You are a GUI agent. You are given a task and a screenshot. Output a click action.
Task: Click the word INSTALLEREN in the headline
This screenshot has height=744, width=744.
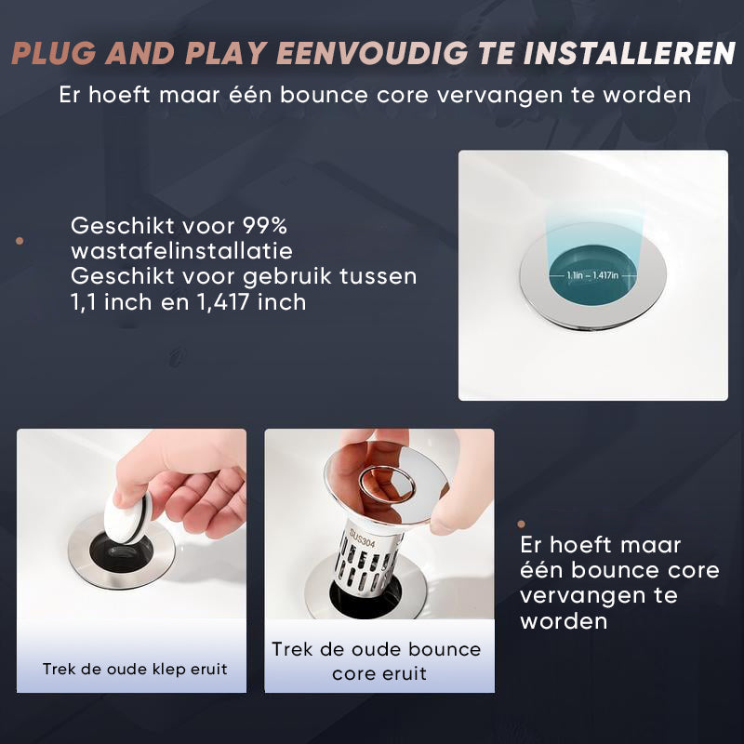pyautogui.click(x=630, y=53)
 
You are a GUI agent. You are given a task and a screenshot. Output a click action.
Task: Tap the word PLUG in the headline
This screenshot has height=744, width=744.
pyautogui.click(x=53, y=53)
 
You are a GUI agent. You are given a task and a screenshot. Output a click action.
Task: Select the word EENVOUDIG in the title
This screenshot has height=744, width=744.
pyautogui.click(x=372, y=53)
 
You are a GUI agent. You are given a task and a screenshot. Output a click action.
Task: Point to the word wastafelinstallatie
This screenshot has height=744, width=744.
pyautogui.click(x=181, y=251)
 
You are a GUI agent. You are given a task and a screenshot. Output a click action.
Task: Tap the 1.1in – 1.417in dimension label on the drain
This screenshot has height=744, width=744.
pyautogui.click(x=592, y=275)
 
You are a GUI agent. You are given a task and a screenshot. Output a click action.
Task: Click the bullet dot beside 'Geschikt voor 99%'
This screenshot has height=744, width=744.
pyautogui.click(x=20, y=241)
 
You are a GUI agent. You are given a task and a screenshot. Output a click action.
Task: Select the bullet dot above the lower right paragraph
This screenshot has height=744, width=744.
pyautogui.click(x=522, y=524)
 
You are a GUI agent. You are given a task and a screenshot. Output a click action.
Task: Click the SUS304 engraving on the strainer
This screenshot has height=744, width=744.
pyautogui.click(x=362, y=538)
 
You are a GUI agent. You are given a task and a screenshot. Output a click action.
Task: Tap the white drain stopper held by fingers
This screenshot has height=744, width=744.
pyautogui.click(x=127, y=518)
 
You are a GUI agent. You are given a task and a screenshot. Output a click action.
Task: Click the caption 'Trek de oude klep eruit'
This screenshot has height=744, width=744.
pyautogui.click(x=135, y=669)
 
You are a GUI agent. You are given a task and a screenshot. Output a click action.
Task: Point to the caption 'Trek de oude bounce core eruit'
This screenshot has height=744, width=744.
pyautogui.click(x=378, y=661)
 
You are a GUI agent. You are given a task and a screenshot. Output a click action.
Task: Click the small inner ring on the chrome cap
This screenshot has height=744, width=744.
pyautogui.click(x=387, y=485)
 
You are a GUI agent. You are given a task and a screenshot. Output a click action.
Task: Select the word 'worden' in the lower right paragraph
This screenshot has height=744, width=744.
pyautogui.click(x=564, y=621)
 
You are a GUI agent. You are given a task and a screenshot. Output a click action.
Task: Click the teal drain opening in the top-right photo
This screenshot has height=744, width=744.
pyautogui.click(x=592, y=275)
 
